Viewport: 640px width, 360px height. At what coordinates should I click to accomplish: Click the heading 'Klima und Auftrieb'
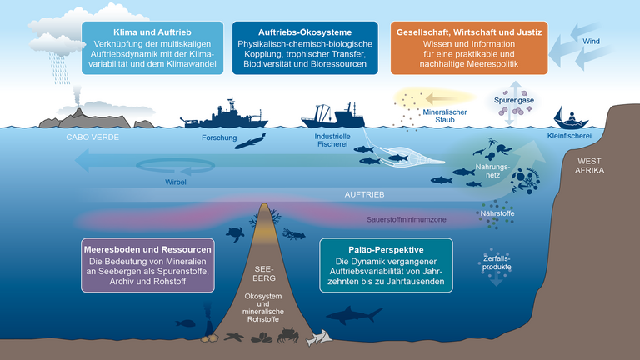coord(152,32)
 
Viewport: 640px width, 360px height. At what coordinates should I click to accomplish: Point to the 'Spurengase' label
coord(514,99)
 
